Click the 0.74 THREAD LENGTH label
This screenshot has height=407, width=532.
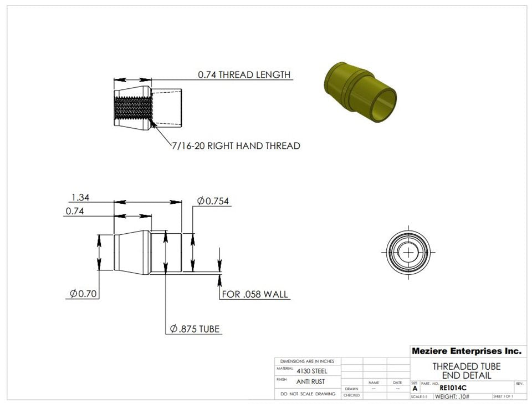click(x=244, y=75)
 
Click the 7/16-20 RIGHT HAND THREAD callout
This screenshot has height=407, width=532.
click(x=235, y=146)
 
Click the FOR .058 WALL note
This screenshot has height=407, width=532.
click(x=255, y=294)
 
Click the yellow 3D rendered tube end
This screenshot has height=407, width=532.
click(x=359, y=91)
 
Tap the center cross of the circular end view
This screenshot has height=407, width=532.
click(x=409, y=252)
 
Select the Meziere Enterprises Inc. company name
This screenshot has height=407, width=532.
click(x=466, y=351)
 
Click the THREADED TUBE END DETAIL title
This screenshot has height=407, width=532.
click(x=466, y=371)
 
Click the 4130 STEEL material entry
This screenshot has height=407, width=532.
click(x=312, y=371)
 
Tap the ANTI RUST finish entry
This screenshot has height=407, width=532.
click(x=311, y=381)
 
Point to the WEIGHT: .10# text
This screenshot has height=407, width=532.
click(x=452, y=396)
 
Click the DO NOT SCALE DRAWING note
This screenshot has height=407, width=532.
click(x=308, y=394)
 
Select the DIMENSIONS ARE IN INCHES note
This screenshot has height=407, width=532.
click(x=308, y=361)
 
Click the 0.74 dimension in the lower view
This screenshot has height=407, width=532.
click(x=74, y=212)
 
